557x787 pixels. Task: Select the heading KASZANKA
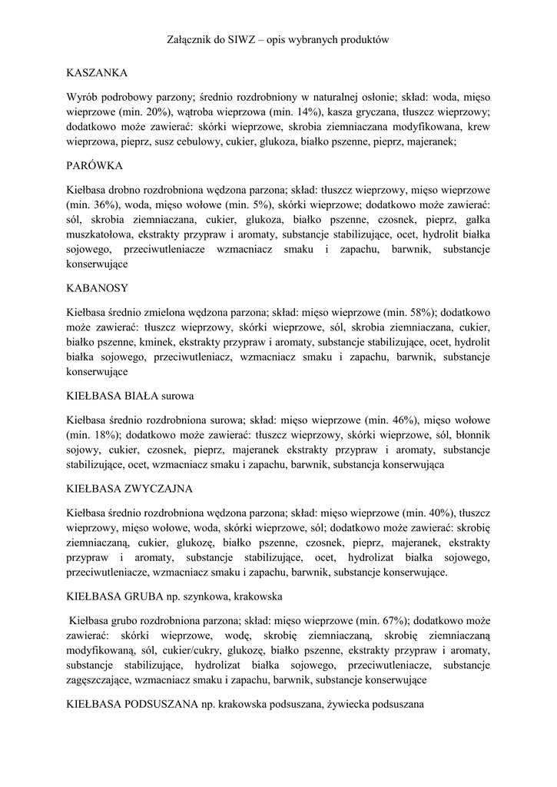pyautogui.click(x=97, y=73)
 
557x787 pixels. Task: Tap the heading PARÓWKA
pyautogui.click(x=95, y=165)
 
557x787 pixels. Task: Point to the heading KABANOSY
pyautogui.click(x=97, y=288)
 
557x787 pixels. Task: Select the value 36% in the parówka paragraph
pyautogui.click(x=101, y=205)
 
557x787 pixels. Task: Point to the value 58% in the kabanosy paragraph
pyautogui.click(x=418, y=313)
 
